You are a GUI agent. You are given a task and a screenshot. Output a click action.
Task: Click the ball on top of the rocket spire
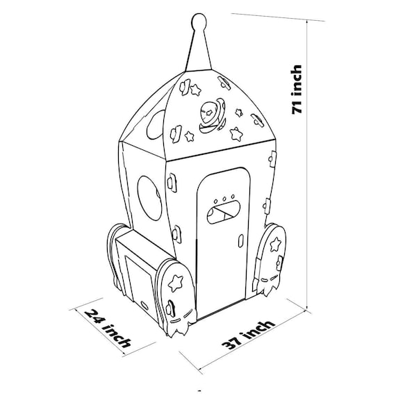tap(199, 20)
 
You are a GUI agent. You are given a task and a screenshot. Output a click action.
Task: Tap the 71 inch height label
tap(297, 90)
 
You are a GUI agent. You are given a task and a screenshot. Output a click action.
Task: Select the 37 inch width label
tap(248, 335)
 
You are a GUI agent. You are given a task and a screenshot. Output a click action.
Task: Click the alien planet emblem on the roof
tap(212, 115)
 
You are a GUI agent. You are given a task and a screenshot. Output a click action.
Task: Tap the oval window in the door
tap(223, 212)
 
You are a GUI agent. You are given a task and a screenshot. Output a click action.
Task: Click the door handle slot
tap(241, 240)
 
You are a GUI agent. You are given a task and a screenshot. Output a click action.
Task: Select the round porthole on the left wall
tap(149, 198)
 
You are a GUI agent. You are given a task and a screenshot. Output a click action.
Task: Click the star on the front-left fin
tap(176, 283)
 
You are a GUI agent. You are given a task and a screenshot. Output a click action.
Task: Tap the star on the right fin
tap(275, 245)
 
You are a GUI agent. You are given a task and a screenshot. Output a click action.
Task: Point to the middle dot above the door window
tap(224, 199)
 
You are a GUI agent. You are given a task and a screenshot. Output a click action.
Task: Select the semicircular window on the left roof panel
tap(156, 126)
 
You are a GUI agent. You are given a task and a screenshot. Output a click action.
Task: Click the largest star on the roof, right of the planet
tap(236, 134)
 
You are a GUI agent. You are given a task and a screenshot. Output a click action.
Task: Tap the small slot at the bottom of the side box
tap(145, 304)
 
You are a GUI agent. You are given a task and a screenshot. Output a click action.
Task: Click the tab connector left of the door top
tap(172, 182)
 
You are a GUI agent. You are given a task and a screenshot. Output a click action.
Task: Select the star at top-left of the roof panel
tap(195, 90)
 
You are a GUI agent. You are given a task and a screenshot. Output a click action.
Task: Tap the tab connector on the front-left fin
tap(171, 307)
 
